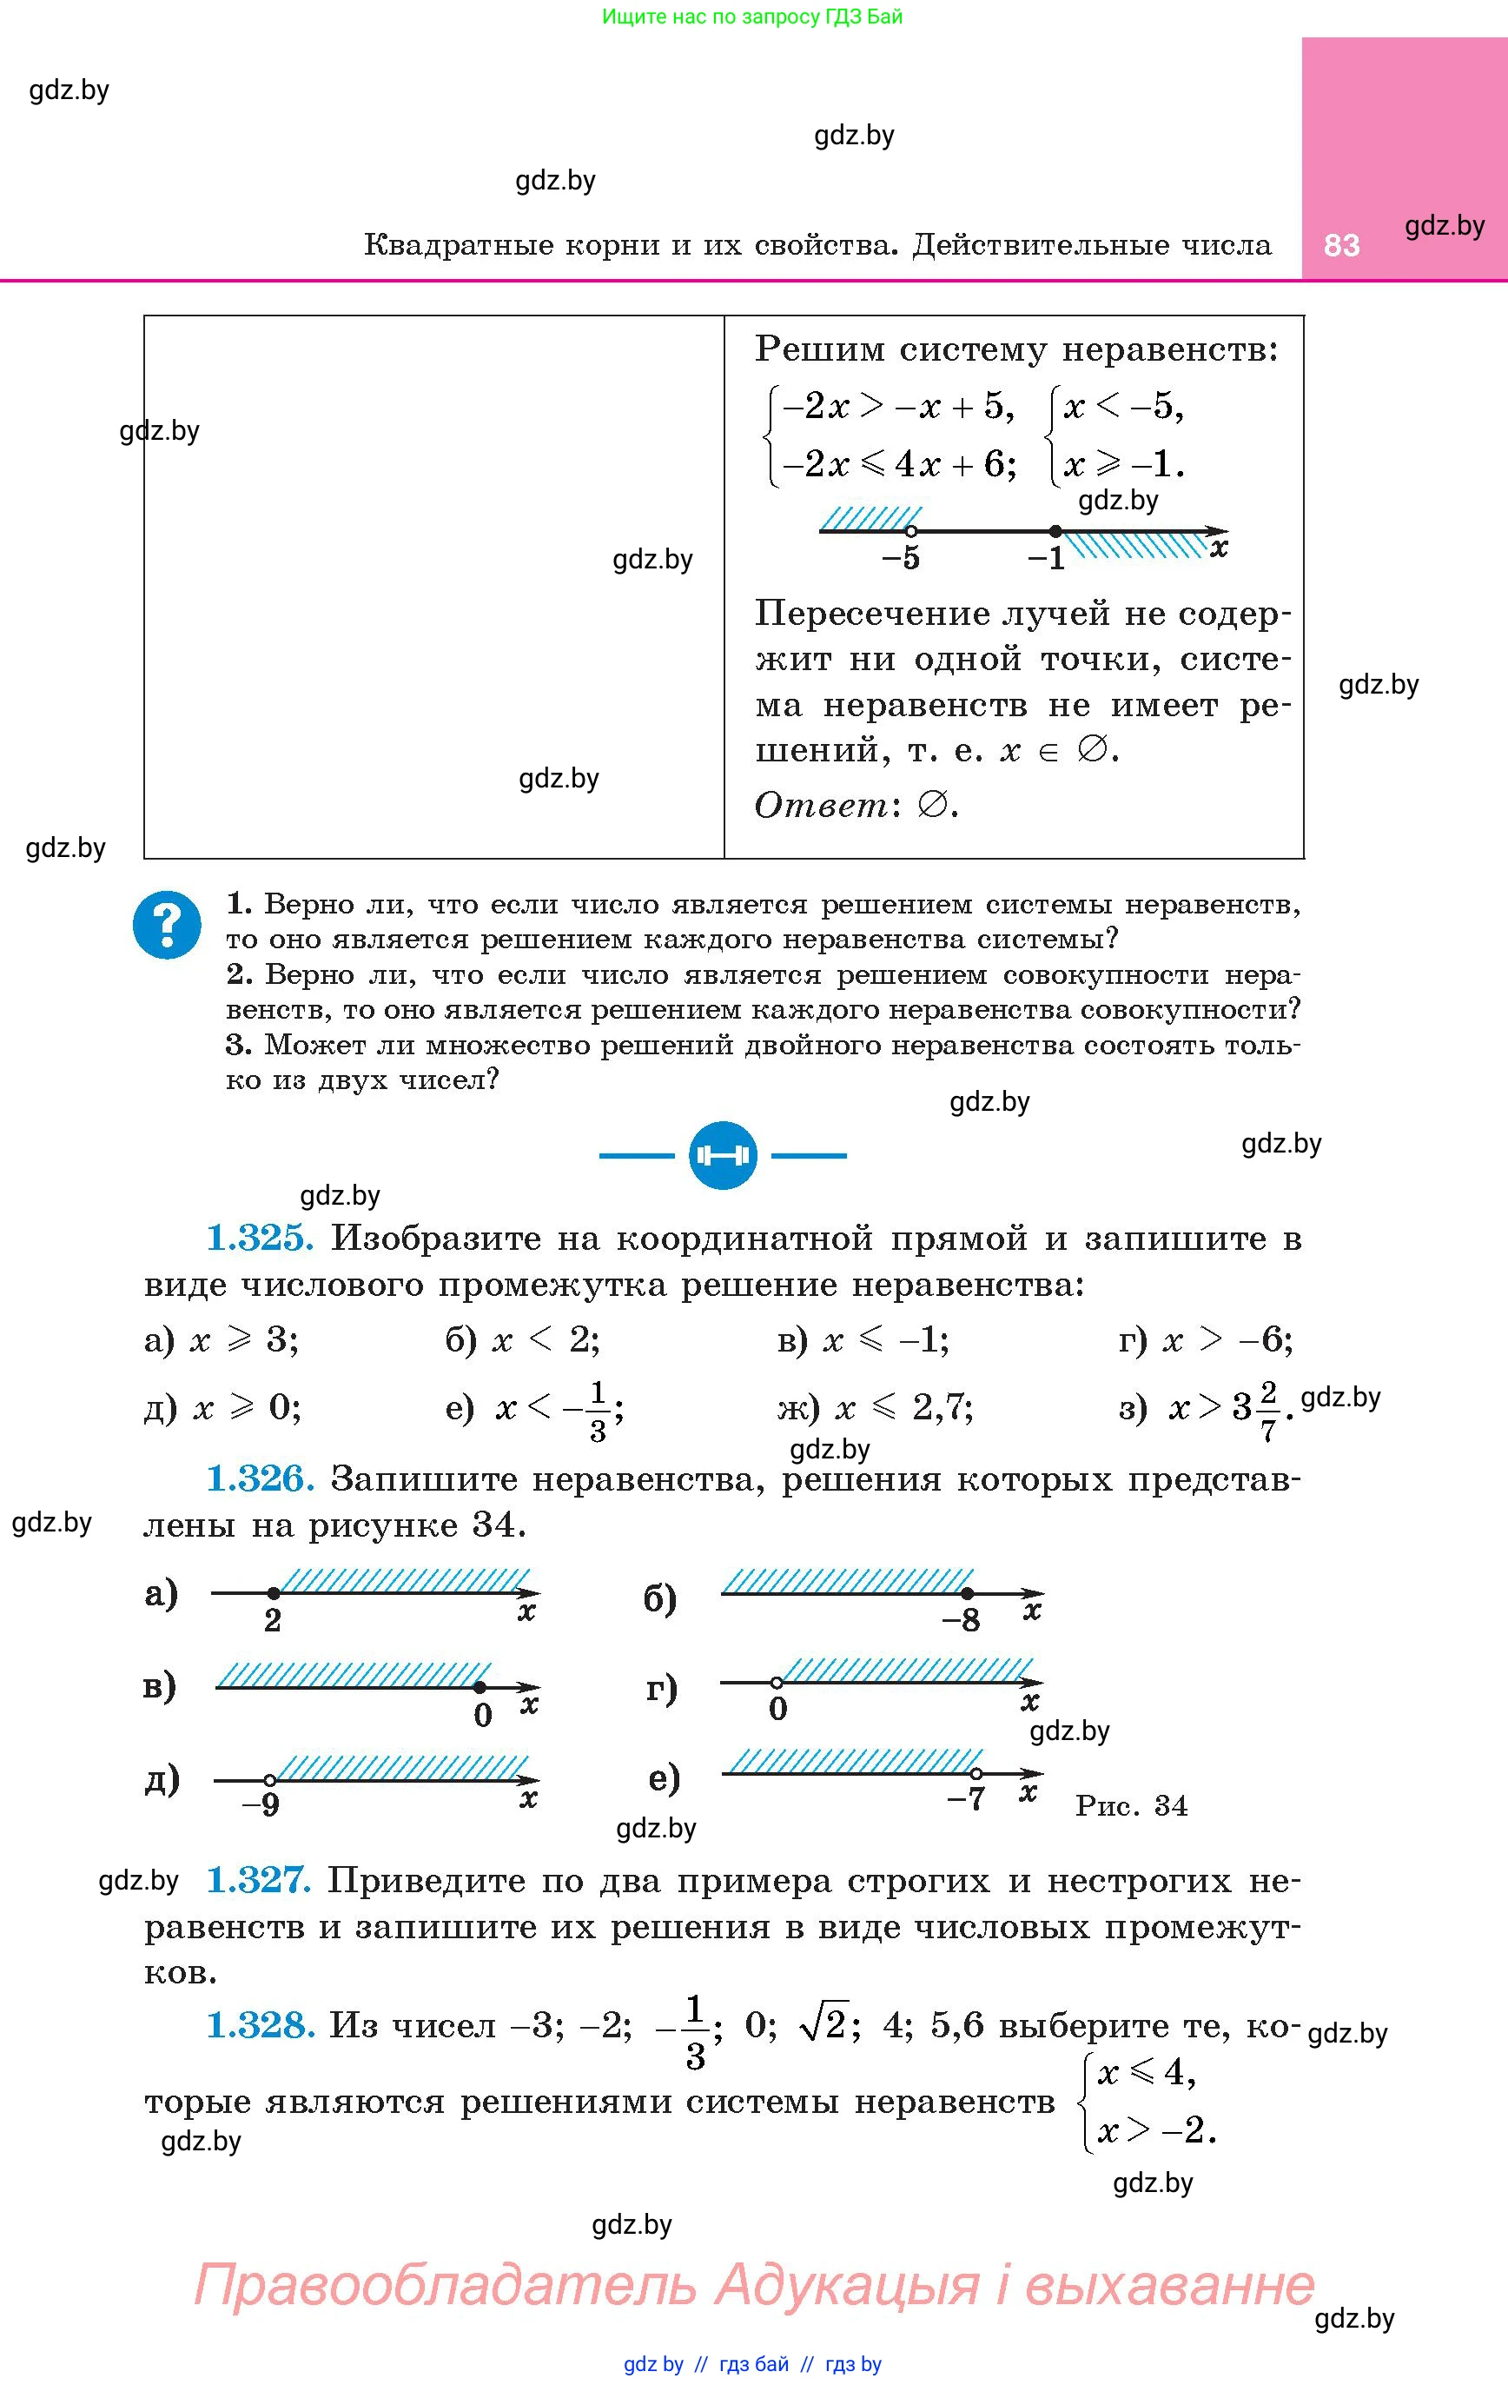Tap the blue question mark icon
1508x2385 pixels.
click(x=168, y=925)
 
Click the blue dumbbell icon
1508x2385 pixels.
click(x=723, y=1155)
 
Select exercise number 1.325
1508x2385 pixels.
click(x=261, y=1238)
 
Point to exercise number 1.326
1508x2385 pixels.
click(x=261, y=1478)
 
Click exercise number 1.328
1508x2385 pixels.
click(x=261, y=2025)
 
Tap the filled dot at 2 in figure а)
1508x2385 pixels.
click(x=274, y=1592)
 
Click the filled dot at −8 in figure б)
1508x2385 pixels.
click(x=968, y=1594)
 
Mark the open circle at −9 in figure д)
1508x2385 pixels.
click(x=269, y=1780)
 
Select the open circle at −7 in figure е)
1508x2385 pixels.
click(x=976, y=1773)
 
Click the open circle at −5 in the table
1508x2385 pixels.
click(x=912, y=531)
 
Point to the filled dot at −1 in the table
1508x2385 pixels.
click(x=1055, y=531)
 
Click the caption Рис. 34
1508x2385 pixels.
click(x=1131, y=1805)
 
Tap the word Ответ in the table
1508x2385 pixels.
click(x=821, y=805)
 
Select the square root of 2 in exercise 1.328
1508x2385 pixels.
click(x=823, y=2025)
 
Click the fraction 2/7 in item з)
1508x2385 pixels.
click(x=1268, y=1406)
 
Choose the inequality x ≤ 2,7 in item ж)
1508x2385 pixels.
click(x=903, y=1406)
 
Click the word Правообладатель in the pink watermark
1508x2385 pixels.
click(x=446, y=2284)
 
